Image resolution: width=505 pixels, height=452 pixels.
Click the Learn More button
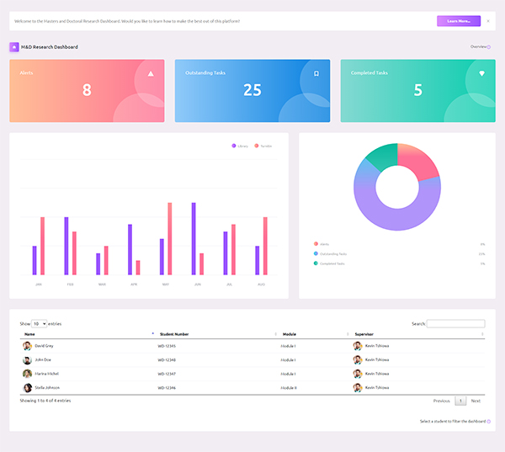coord(458,21)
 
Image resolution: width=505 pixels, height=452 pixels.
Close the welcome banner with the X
coord(488,21)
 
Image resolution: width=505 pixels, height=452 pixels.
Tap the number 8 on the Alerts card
coord(87,90)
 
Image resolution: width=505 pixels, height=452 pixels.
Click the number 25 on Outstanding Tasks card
coord(252,90)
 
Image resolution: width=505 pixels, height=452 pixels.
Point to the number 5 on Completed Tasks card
coord(418,90)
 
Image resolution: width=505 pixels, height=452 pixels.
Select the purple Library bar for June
coord(194,238)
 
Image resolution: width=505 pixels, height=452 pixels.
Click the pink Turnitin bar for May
coord(169,238)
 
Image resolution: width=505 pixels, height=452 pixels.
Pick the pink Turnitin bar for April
coord(137,268)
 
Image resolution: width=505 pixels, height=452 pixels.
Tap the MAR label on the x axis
coord(102,284)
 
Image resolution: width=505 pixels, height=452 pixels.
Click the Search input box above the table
coord(456,323)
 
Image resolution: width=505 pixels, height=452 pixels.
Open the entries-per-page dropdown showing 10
coord(39,323)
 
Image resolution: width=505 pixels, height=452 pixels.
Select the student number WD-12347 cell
coord(167,374)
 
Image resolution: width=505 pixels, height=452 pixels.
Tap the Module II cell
coord(290,387)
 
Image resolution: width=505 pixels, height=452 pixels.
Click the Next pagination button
coord(476,401)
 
